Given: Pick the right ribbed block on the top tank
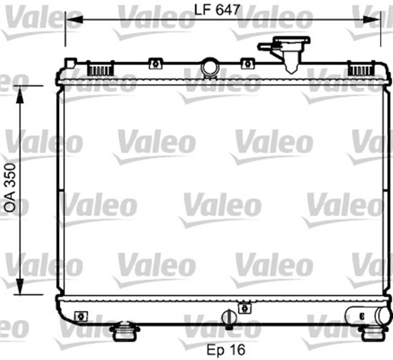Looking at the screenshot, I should pos(362,68).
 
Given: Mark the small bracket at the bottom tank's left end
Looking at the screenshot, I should pos(80,316).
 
